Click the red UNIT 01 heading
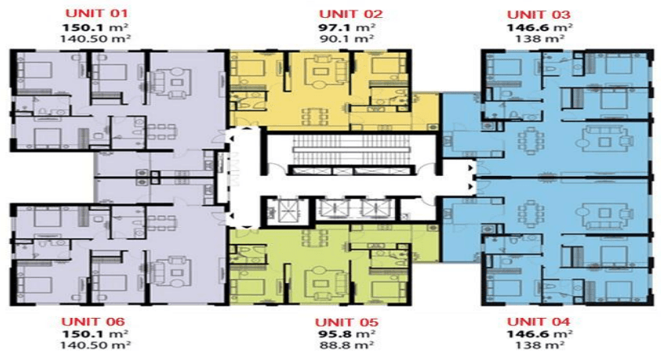pos(97,13)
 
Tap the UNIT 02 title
pos(350,14)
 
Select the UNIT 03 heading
pos(539,15)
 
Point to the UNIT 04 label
pos(539,322)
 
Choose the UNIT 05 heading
pos(346,323)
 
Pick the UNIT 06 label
pos(92,322)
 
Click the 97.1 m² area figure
pos(347,28)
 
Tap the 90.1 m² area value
pos(347,39)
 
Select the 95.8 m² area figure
pos(346,334)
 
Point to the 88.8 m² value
pos(346,345)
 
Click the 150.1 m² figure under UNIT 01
pos(95,28)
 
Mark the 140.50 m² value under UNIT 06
pos(95,345)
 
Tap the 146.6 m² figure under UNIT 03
pos(539,28)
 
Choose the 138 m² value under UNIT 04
pos(540,345)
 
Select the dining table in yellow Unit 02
pos(315,116)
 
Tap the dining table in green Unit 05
pos(315,238)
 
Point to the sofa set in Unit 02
pos(320,71)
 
